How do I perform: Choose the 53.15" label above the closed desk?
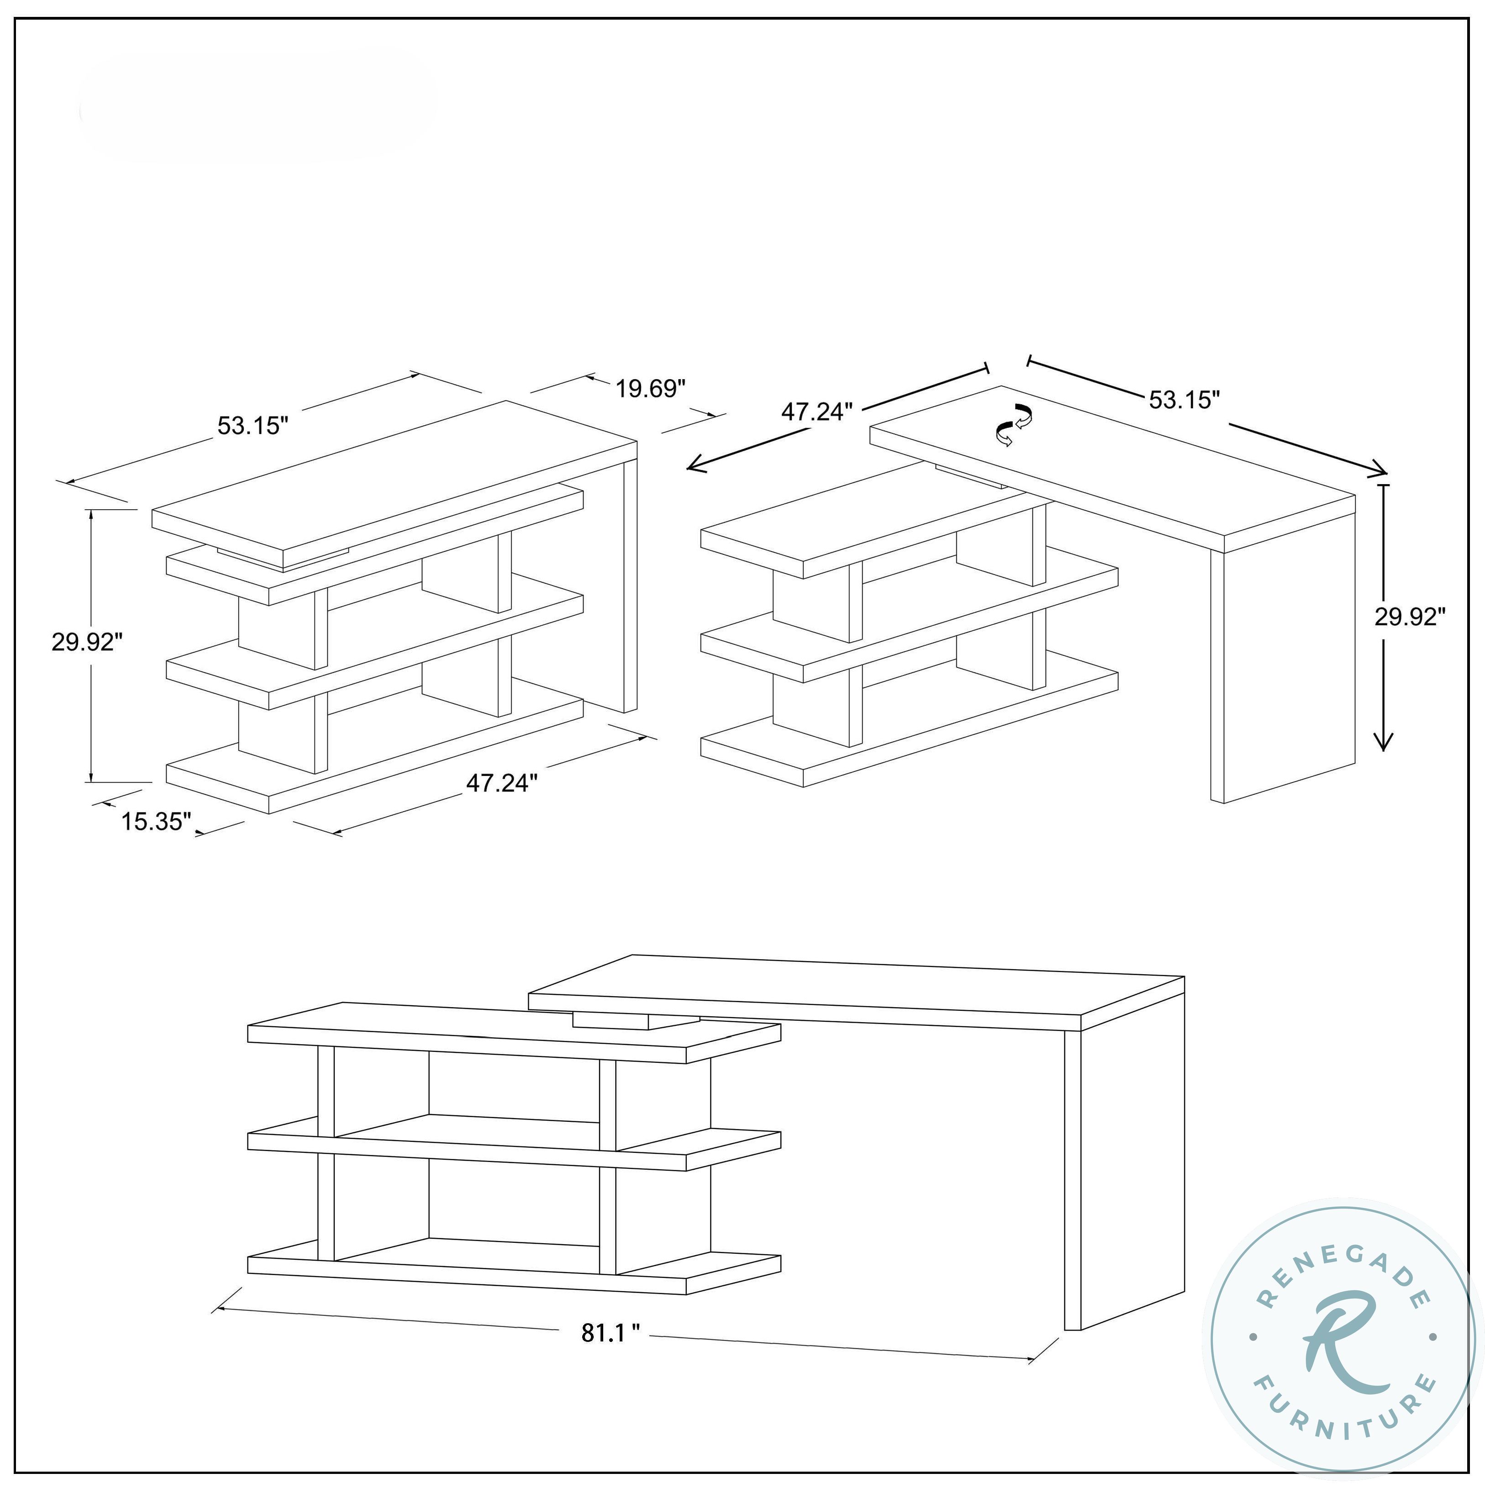click(x=253, y=425)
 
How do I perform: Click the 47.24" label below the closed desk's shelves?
click(x=502, y=782)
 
